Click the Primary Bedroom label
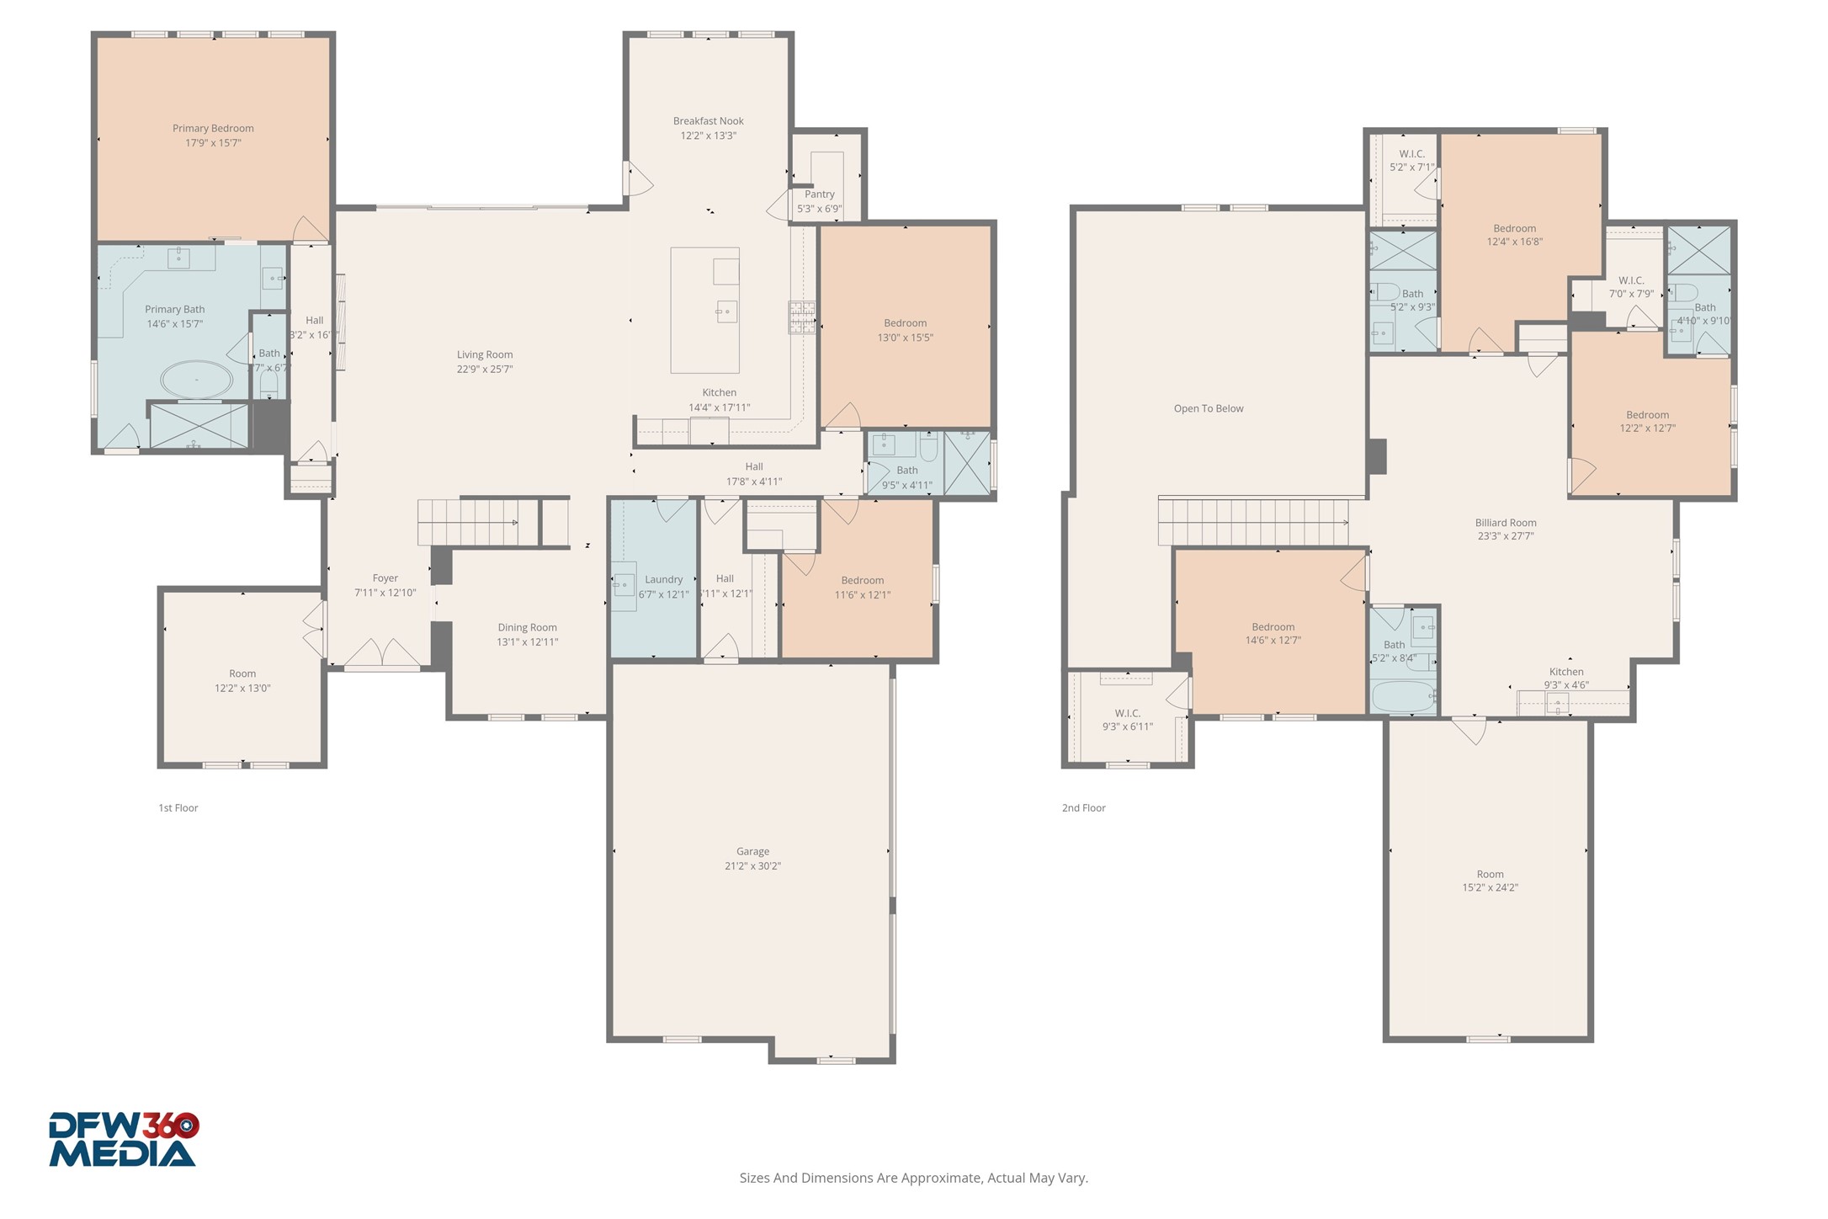(x=213, y=129)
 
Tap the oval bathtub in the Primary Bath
(x=197, y=381)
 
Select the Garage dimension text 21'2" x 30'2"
(x=752, y=866)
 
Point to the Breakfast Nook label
(x=708, y=121)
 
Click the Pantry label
(x=819, y=194)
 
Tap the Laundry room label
(x=663, y=580)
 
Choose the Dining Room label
(x=527, y=628)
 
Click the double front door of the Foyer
(x=383, y=655)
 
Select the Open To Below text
(x=1208, y=409)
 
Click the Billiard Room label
(x=1505, y=523)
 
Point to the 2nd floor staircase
(x=1252, y=523)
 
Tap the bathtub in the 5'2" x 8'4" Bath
(x=1402, y=697)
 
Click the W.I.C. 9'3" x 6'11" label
(x=1127, y=714)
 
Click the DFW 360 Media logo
(x=123, y=1140)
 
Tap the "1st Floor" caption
(x=178, y=808)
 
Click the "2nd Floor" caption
(x=1083, y=808)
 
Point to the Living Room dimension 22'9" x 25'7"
(x=485, y=370)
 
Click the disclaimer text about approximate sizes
(x=913, y=1178)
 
